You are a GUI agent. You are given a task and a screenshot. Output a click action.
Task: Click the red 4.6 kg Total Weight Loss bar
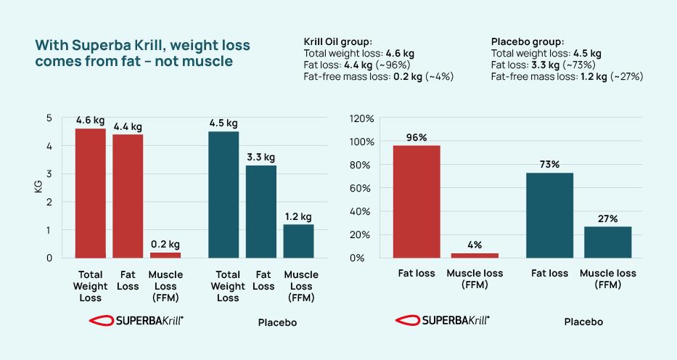tap(91, 193)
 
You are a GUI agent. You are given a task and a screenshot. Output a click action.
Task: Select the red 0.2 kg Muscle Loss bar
tap(165, 255)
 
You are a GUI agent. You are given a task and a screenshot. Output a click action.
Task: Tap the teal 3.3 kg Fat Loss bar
tap(261, 211)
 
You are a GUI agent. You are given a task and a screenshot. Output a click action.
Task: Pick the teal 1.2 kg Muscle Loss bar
tap(298, 241)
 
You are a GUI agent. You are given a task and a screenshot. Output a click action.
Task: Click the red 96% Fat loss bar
tap(417, 202)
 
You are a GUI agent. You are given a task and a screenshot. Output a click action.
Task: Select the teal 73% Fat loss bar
tap(549, 215)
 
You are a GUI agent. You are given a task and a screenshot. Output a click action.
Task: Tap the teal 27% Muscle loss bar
tap(608, 242)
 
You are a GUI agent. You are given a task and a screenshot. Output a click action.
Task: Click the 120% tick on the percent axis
tap(362, 118)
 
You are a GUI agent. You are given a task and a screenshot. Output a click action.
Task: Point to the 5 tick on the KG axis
tap(49, 118)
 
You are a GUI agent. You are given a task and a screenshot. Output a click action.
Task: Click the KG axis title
tap(38, 188)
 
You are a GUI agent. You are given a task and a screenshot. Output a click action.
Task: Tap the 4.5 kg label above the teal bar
tap(223, 122)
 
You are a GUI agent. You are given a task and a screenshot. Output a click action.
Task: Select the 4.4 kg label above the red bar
tap(128, 127)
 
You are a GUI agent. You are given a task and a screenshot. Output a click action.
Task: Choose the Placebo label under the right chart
tap(583, 322)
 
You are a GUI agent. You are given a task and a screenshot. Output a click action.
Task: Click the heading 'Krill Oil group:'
tap(337, 42)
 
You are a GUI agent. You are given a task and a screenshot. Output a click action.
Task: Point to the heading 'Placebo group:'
tap(528, 42)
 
